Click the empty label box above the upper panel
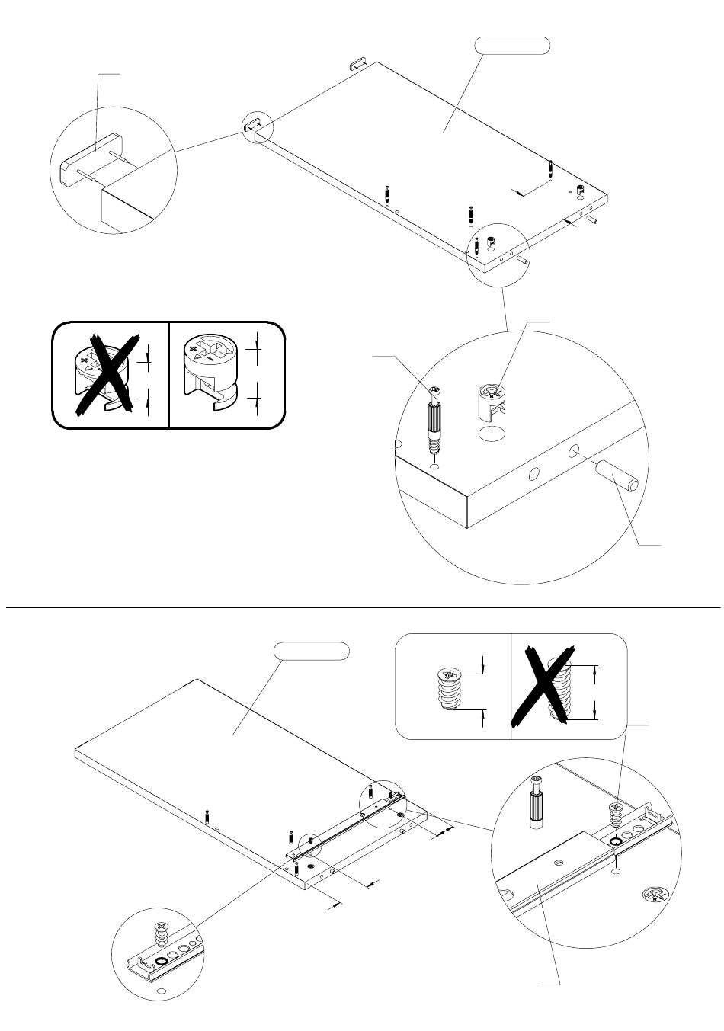point(512,45)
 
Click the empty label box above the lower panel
point(312,652)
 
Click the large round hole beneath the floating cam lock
point(492,435)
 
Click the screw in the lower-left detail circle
point(162,933)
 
